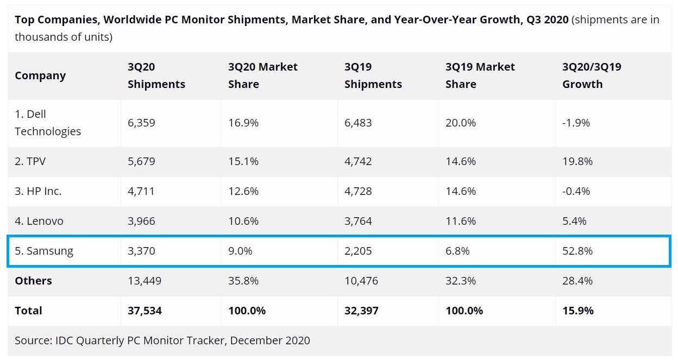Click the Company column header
point(40,75)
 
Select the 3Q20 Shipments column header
point(156,75)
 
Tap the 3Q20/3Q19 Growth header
point(592,75)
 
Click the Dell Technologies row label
point(48,123)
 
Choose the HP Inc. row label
point(38,191)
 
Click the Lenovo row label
point(39,221)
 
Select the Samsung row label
point(43,251)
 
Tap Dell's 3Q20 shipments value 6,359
point(141,123)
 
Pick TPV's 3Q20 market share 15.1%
point(243,161)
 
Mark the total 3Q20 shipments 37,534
point(145,311)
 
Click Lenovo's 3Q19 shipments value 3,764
point(358,221)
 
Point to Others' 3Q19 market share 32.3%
point(461,281)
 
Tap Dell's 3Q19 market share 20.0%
point(461,123)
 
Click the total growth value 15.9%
point(578,311)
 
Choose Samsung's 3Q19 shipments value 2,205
point(358,251)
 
